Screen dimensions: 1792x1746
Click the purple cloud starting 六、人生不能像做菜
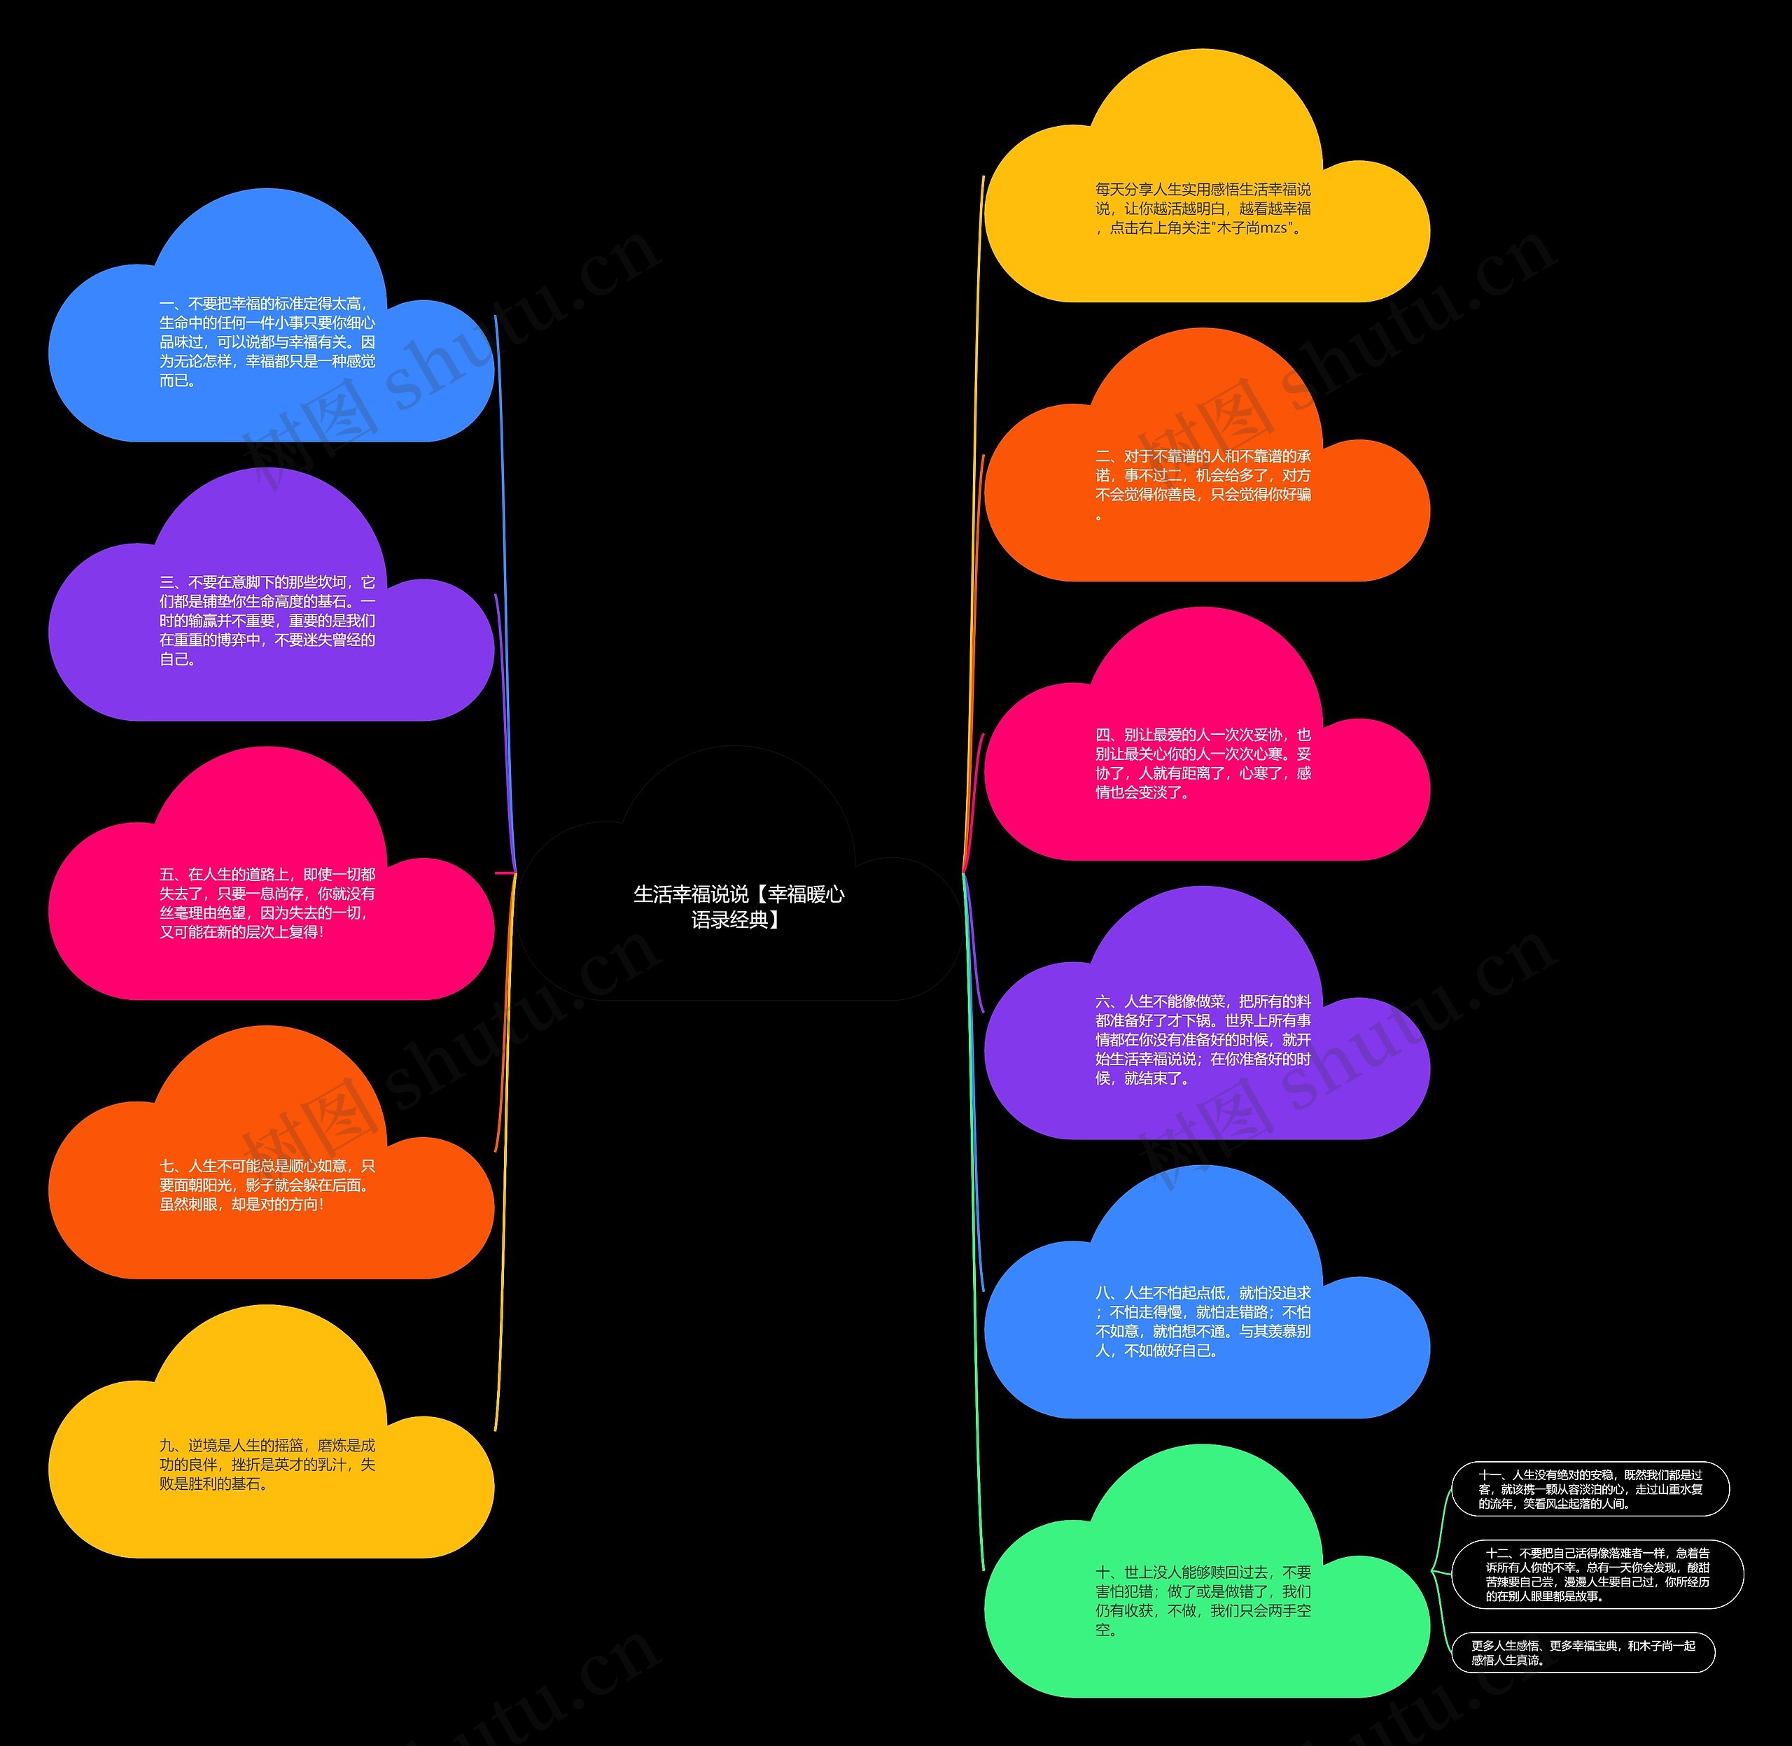pos(1203,1040)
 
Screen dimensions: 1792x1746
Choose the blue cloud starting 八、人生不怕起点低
pos(1203,1321)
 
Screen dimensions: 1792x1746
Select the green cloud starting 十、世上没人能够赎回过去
pos(1203,1600)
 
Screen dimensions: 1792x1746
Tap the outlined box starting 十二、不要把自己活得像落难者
pos(1597,1575)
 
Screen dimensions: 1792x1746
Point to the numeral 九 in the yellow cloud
pos(166,1446)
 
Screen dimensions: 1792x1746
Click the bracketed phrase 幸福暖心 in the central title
pos(805,894)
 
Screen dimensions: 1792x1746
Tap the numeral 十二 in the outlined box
pos(1497,1554)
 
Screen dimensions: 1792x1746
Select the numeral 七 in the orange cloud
pos(167,1167)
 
